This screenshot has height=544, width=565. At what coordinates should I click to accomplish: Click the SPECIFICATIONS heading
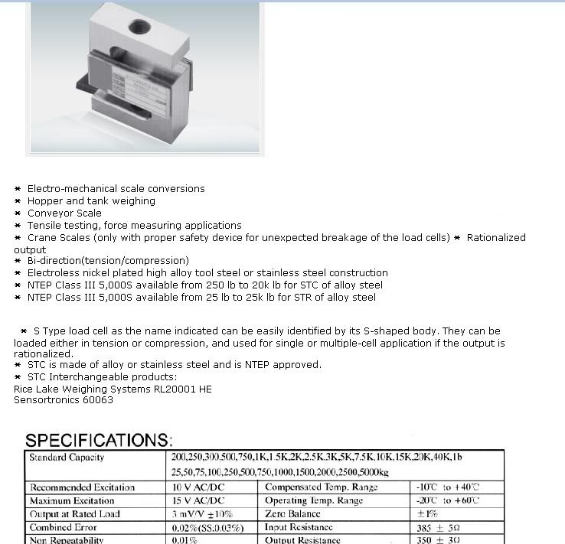click(99, 441)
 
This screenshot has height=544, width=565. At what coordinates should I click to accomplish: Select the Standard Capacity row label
click(67, 458)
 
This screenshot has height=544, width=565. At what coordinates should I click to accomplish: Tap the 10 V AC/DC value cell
click(198, 487)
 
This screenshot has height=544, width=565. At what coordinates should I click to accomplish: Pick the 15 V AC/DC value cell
click(198, 500)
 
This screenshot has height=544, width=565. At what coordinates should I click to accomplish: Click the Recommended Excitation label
click(82, 487)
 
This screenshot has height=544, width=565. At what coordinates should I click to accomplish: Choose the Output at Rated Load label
click(75, 514)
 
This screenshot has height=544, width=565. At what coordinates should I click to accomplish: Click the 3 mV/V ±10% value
click(202, 514)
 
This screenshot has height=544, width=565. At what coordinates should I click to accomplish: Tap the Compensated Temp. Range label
click(321, 487)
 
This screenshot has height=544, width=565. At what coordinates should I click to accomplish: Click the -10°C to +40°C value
click(448, 487)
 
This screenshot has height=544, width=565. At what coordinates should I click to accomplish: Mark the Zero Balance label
click(292, 514)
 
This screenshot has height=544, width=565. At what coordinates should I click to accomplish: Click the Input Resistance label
click(299, 527)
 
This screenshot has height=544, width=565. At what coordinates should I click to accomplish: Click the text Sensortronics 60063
click(64, 400)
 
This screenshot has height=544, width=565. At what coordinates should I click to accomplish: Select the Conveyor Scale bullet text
click(64, 213)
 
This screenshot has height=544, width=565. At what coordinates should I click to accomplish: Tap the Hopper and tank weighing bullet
click(91, 201)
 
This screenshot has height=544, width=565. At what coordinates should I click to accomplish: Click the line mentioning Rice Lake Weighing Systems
click(113, 389)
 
